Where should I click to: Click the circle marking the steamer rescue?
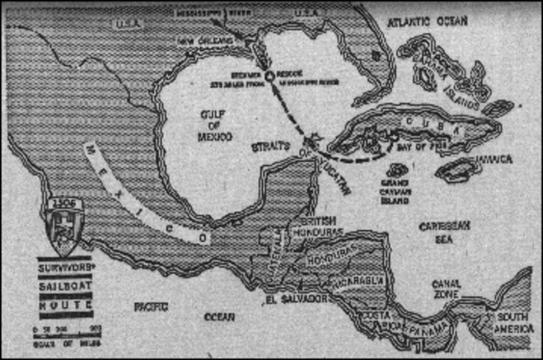pos(269,76)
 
